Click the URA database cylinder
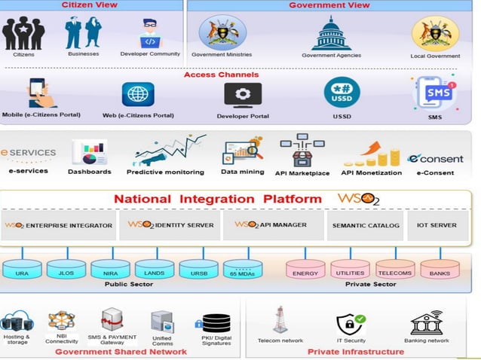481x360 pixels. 23,270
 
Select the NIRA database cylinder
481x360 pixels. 111,270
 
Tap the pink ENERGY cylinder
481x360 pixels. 305,270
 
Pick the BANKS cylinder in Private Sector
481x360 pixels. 440,270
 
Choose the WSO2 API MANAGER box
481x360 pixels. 271,225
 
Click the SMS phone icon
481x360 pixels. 437,93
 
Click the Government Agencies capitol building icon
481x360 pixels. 331,33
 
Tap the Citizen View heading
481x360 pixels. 91,5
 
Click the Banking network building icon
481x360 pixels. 427,322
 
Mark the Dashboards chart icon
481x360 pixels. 89,152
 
